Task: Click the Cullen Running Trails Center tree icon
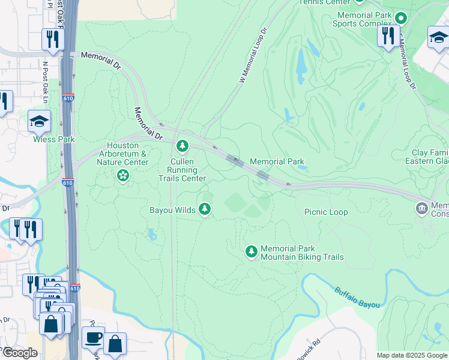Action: pyautogui.click(x=182, y=146)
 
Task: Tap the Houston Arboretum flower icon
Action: pyautogui.click(x=123, y=175)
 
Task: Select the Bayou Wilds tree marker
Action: pyautogui.click(x=205, y=209)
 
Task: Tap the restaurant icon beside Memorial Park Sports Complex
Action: pyautogui.click(x=388, y=35)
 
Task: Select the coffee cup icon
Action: pyautogui.click(x=93, y=337)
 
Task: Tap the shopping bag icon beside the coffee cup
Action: pyautogui.click(x=115, y=344)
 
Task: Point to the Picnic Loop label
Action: pyautogui.click(x=326, y=212)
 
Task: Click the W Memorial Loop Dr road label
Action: pyautogui.click(x=252, y=56)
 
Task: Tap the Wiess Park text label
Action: pyautogui.click(x=54, y=139)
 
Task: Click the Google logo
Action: pyautogui.click(x=19, y=353)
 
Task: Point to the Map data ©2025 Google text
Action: pyautogui.click(x=412, y=355)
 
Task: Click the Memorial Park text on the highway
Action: pyautogui.click(x=277, y=161)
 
